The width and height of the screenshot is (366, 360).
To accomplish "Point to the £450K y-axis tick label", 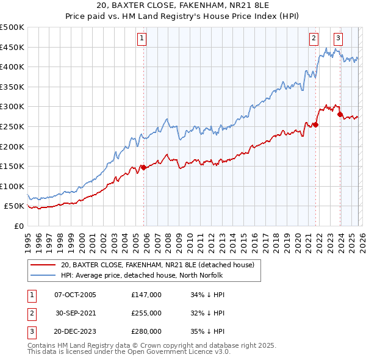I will [x=12, y=47].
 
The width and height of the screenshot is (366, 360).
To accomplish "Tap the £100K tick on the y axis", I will [x=12, y=186].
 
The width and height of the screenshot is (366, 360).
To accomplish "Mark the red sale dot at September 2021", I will [x=315, y=124].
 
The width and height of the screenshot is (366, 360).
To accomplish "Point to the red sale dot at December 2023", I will [x=340, y=115].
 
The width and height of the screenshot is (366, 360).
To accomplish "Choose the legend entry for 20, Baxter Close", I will [x=161, y=265].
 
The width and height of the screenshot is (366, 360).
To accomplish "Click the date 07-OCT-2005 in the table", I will [x=76, y=295].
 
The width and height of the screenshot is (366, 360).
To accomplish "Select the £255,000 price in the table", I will [x=146, y=313].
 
